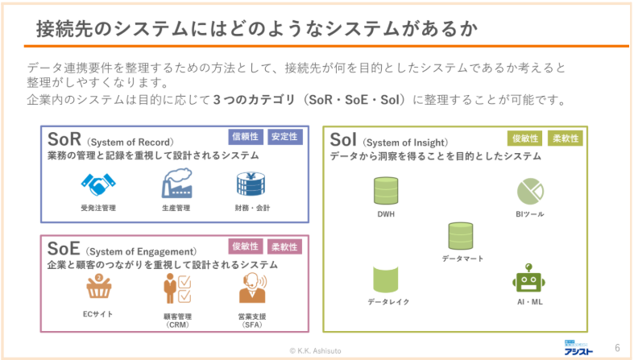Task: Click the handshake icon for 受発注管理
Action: [x=98, y=186]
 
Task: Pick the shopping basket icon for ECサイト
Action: [x=97, y=288]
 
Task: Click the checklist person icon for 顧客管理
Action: [x=176, y=288]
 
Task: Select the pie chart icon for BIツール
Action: [x=529, y=191]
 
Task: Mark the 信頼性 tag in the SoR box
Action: [x=245, y=137]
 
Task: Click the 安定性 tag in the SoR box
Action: [x=284, y=137]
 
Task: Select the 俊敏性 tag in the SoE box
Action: [x=245, y=246]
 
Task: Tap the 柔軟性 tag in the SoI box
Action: [x=565, y=139]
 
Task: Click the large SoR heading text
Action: [x=64, y=139]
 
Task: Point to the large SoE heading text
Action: [x=64, y=248]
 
